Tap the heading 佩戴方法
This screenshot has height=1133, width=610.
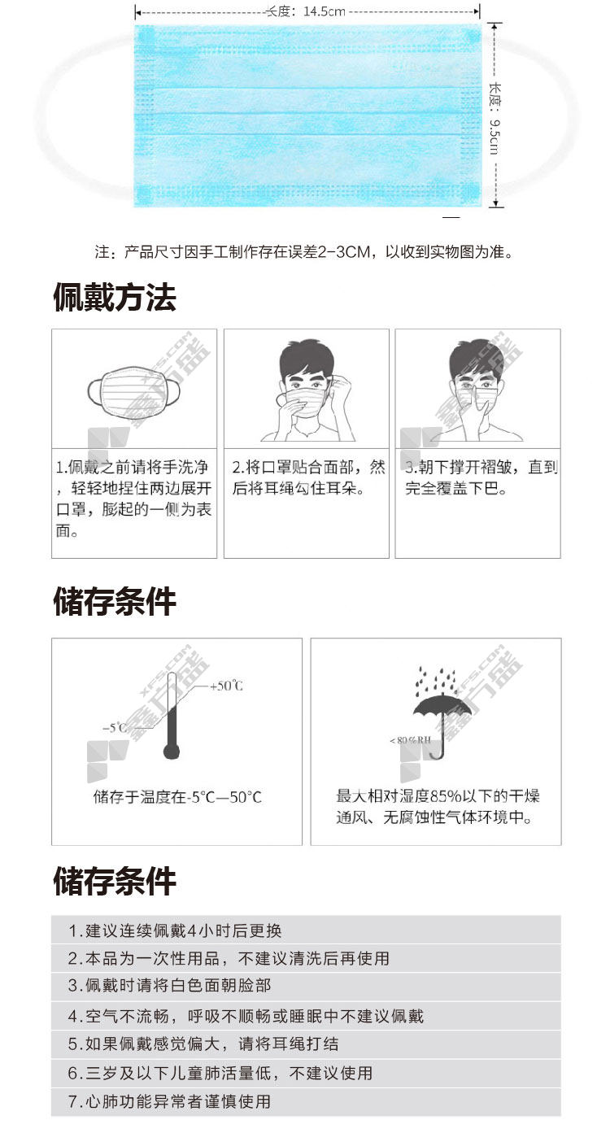click(115, 297)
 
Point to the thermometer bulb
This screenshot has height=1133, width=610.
click(172, 751)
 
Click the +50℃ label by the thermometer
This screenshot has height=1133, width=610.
click(226, 686)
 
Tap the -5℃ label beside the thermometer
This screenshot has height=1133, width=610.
click(115, 728)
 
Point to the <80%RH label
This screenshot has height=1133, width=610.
click(410, 740)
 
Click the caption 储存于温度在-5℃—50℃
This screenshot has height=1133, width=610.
click(177, 797)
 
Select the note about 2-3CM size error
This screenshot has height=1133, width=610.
click(304, 251)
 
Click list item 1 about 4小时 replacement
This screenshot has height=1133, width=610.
click(175, 930)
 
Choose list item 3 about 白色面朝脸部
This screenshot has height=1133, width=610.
click(169, 985)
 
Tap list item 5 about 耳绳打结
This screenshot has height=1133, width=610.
click(203, 1044)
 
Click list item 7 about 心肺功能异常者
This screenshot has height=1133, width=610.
click(169, 1101)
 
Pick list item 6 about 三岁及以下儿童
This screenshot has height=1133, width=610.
click(220, 1073)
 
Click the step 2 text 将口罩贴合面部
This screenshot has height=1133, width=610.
click(308, 477)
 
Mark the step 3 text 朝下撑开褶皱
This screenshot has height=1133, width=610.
click(481, 477)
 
